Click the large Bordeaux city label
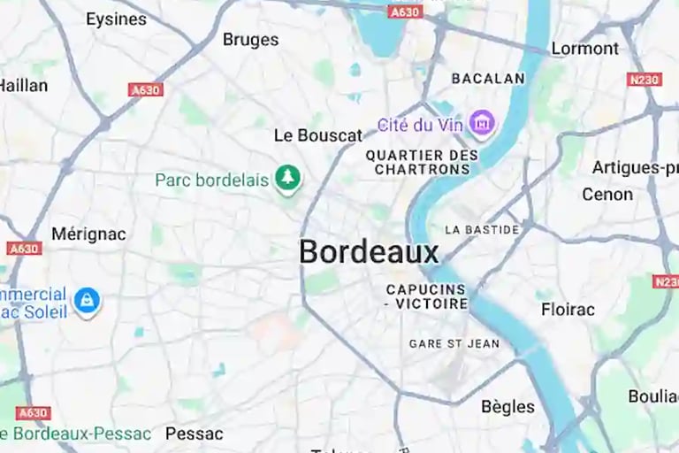369,252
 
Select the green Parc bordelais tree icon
287,180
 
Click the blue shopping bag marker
87,301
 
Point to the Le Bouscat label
318,135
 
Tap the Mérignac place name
88,234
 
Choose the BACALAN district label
488,79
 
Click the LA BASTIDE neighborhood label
482,229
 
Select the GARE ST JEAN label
454,343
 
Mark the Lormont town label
584,49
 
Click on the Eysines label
116,19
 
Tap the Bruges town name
250,40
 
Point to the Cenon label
607,194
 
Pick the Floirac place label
568,310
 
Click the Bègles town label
507,407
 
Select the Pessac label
195,434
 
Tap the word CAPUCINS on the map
426,289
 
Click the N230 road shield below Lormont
645,80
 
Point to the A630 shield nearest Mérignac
24,249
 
